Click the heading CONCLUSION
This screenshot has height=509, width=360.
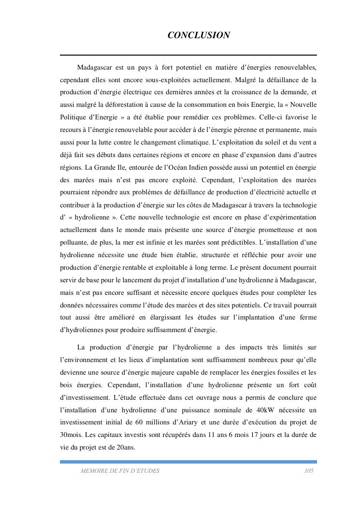pos(198,35)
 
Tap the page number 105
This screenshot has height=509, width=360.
pos(309,471)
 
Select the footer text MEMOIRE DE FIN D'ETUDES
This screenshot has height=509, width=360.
pos(120,471)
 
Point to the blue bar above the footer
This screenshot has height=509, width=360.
pos(188,462)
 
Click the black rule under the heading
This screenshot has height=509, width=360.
pos(188,55)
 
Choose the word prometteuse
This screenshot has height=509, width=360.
pos(274,230)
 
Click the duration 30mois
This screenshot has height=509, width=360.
pos(72,435)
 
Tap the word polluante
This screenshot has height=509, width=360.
pos(74,242)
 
